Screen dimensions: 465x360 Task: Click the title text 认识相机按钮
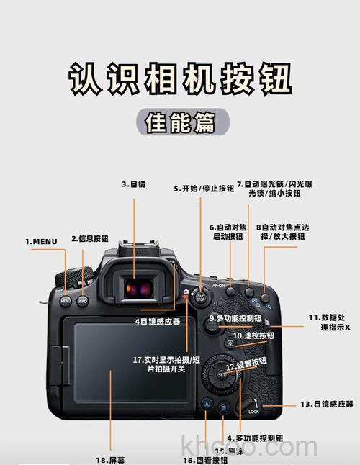pos(180,78)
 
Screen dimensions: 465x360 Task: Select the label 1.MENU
pos(41,241)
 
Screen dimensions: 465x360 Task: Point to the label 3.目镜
pos(133,184)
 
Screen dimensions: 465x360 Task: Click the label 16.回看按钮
pos(204,459)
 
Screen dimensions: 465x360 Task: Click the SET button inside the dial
pos(222,374)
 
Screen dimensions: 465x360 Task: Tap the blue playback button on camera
pos(206,405)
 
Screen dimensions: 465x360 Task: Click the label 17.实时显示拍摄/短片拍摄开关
pos(156,364)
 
